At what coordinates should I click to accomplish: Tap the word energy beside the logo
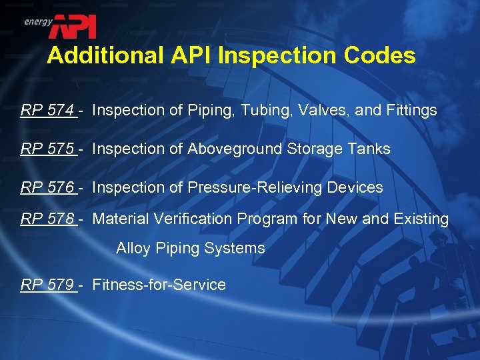click(38, 21)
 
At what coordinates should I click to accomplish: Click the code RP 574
click(48, 111)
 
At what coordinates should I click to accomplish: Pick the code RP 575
click(48, 149)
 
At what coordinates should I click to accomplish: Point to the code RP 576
click(48, 188)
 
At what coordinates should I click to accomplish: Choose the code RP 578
click(48, 219)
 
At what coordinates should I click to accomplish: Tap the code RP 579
click(48, 285)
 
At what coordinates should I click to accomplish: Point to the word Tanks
click(370, 149)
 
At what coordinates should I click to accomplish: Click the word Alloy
click(133, 249)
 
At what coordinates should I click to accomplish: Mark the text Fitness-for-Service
click(159, 285)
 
